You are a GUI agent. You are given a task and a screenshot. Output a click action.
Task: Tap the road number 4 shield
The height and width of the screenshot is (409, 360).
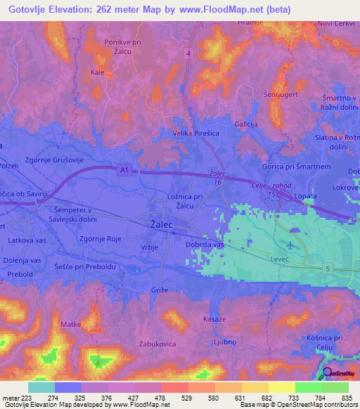188,53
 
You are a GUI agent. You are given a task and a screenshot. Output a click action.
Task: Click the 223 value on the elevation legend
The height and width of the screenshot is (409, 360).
28,398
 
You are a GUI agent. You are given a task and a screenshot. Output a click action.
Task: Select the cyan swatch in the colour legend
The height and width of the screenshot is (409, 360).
41,387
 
